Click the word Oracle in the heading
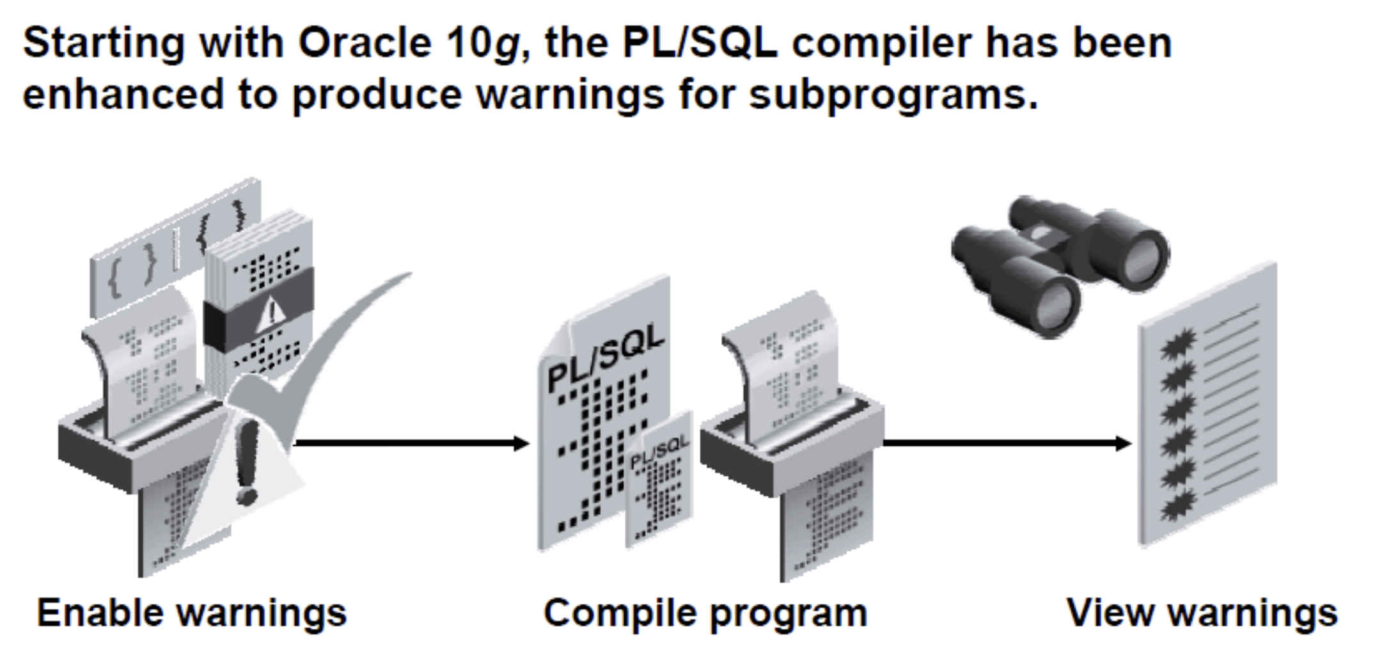(x=364, y=43)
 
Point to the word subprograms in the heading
(x=892, y=95)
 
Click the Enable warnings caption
(x=191, y=613)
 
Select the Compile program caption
(x=705, y=613)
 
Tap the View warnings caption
(x=1202, y=613)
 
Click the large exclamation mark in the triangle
(x=246, y=460)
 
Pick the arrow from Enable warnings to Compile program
(x=409, y=443)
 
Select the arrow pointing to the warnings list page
(x=1004, y=443)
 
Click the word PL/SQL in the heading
(x=700, y=43)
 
